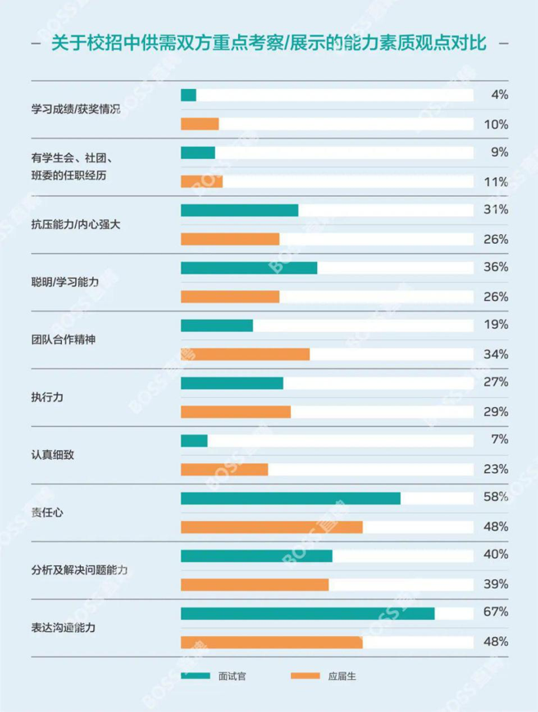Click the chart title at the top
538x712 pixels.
point(269,42)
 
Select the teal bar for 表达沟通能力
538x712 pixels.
point(307,613)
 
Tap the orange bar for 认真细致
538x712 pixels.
point(224,469)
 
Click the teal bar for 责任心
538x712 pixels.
point(290,498)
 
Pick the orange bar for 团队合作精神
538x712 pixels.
point(245,354)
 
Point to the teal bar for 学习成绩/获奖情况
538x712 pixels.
point(189,95)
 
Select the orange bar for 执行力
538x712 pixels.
point(236,411)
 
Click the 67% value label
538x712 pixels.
point(495,612)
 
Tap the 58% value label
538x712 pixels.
point(495,497)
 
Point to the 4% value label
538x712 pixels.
point(498,95)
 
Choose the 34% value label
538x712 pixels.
point(495,354)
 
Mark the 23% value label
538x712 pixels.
point(495,469)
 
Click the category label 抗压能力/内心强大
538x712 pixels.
point(76,224)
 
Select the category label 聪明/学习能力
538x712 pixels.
point(65,282)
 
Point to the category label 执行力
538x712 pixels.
point(47,397)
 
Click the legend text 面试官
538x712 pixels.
point(232,677)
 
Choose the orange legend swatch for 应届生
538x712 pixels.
point(305,677)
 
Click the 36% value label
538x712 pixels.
point(495,267)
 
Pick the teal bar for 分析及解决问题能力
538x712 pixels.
point(256,555)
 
